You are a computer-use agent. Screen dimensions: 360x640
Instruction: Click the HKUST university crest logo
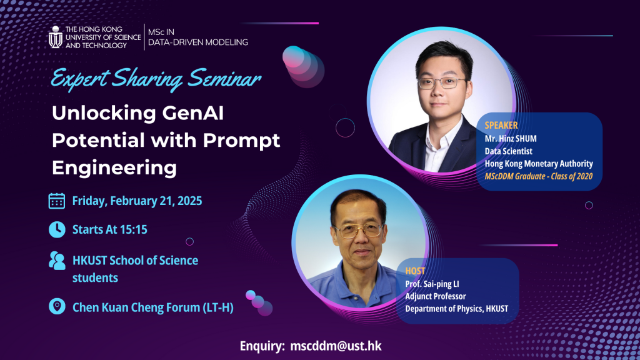pos(56,37)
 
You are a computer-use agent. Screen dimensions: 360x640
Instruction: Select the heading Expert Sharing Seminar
pos(156,80)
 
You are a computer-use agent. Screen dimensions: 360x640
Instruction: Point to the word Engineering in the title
pos(114,167)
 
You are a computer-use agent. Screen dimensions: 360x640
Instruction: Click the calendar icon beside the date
pos(57,201)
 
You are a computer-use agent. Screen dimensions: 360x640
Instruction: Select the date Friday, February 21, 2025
pos(137,201)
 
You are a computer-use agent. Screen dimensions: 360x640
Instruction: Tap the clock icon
pos(57,229)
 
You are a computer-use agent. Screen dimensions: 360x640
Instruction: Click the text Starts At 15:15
pos(110,229)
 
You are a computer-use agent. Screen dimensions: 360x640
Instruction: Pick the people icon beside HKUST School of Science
pos(57,261)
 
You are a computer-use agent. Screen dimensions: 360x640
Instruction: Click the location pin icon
pos(57,307)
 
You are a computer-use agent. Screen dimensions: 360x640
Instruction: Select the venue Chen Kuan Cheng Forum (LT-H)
pos(153,307)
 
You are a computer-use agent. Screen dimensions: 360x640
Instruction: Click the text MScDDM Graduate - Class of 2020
pos(538,176)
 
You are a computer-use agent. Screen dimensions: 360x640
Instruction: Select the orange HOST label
pos(415,271)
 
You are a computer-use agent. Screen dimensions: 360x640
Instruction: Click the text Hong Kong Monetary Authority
pos(539,163)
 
